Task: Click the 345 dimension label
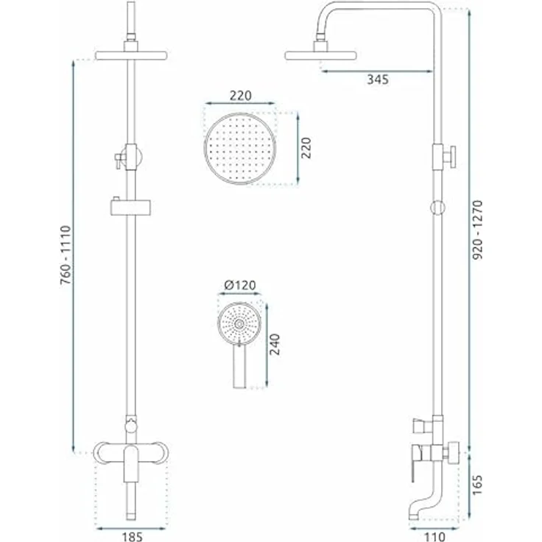[378, 79]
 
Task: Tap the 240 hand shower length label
[275, 345]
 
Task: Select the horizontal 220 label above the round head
[240, 96]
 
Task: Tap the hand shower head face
[240, 325]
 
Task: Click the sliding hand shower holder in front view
[131, 205]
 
